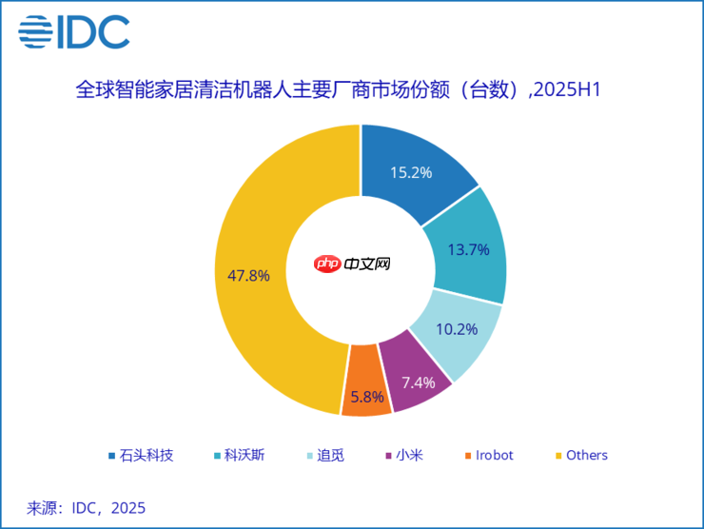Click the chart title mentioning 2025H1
341,91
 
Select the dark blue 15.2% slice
419,167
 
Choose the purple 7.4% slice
415,379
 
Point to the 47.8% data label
248,276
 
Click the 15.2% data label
411,172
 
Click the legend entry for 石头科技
140,456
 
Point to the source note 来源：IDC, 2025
86,508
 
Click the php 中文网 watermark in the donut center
351,264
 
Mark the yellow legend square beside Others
557,456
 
